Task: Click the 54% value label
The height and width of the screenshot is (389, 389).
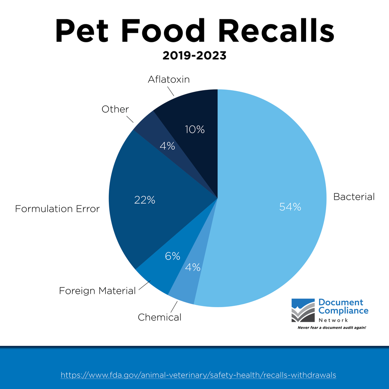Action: [x=290, y=207]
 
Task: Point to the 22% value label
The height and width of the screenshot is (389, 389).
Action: [x=145, y=200]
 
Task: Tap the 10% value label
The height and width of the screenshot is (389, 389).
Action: [x=195, y=130]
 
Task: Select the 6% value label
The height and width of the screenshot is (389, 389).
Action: [x=172, y=256]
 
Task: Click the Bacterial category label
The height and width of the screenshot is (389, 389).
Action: [x=354, y=197]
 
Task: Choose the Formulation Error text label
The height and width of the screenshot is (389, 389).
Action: [x=57, y=209]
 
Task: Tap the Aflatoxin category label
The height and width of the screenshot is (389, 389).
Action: [x=169, y=80]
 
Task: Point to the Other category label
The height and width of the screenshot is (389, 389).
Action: [x=115, y=110]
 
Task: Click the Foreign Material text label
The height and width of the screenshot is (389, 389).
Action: [x=97, y=291]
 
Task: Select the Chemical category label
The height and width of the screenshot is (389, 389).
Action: [x=159, y=317]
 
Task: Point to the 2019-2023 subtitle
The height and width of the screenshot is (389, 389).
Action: [x=194, y=56]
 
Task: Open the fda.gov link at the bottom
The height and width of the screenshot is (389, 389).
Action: [x=198, y=375]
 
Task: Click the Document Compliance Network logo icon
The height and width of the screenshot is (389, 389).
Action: [x=303, y=310]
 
